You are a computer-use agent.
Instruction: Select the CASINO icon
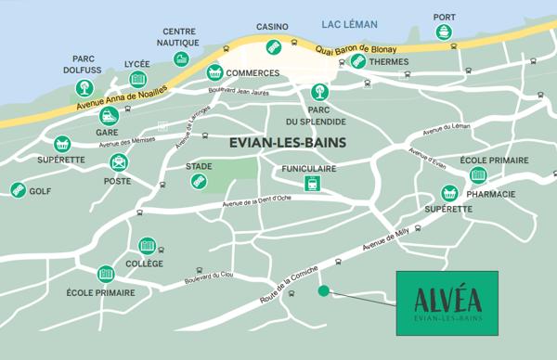(x=273, y=46)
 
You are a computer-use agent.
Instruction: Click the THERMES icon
(x=358, y=61)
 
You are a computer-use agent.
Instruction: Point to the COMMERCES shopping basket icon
(x=215, y=71)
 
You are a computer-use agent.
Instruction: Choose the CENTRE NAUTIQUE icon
(x=180, y=59)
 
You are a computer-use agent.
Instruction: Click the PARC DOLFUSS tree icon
(x=84, y=88)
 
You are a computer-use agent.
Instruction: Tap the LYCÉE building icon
(x=137, y=80)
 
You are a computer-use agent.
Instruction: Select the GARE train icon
(x=109, y=116)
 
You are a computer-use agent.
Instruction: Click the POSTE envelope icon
(x=118, y=163)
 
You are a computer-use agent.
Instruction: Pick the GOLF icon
(x=18, y=190)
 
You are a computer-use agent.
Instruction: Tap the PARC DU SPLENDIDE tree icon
(x=320, y=92)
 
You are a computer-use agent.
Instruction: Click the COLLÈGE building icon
(x=147, y=246)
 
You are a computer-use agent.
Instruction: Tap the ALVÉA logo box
(x=447, y=302)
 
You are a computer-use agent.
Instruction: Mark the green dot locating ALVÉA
(x=323, y=290)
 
